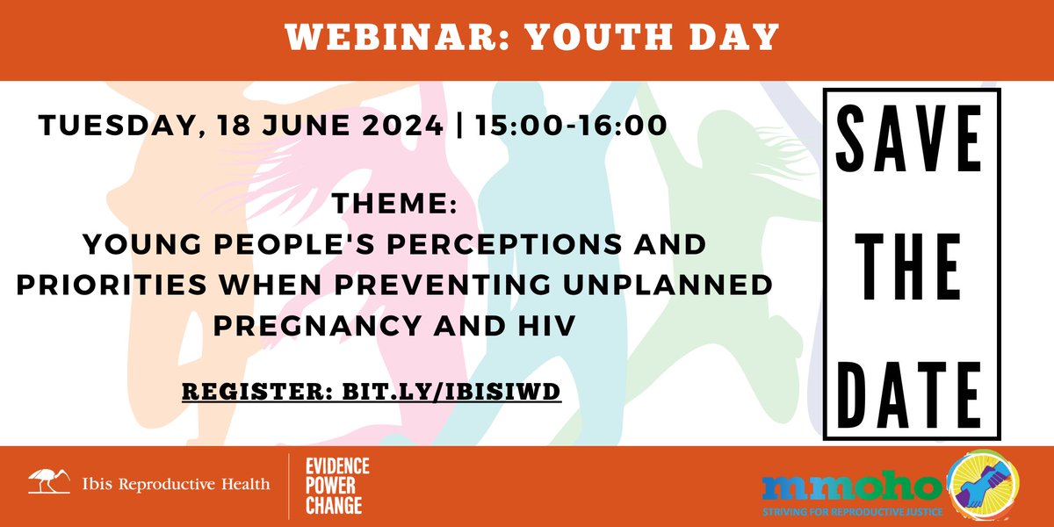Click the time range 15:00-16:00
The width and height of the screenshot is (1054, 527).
(570, 126)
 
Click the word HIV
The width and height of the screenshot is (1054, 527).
(545, 326)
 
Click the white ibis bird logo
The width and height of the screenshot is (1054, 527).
(47, 480)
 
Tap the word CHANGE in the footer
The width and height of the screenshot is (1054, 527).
(335, 506)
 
